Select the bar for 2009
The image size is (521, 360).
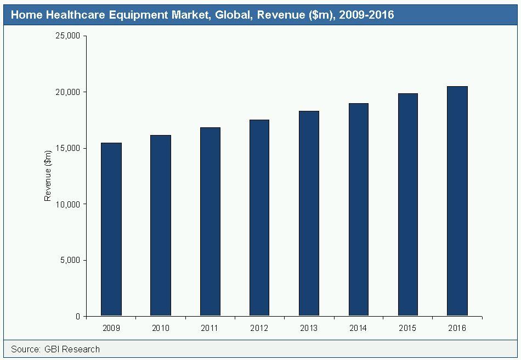point(111,229)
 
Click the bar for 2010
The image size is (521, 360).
point(161,226)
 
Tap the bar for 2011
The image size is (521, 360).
point(210,222)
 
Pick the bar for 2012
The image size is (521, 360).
point(259,218)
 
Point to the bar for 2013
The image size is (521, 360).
point(309,213)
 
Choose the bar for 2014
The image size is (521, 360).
point(358,210)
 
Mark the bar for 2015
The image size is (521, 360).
point(407,205)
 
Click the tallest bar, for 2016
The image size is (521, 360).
point(457,201)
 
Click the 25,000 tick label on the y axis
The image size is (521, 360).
point(69,36)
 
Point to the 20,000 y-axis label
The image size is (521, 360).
point(69,92)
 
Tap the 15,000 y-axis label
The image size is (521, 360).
point(69,148)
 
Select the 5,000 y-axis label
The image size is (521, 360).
point(71,260)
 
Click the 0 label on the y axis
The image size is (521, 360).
point(78,317)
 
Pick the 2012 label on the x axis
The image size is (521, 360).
point(259,328)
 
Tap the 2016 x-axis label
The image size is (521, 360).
point(457,328)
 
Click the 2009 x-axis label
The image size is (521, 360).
point(111,328)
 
